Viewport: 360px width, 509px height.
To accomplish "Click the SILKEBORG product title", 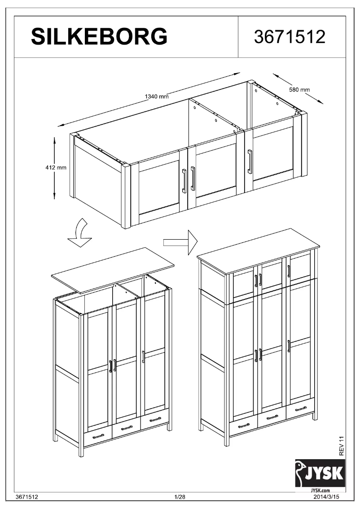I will point(99,37).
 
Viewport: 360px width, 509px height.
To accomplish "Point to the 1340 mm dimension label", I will point(156,97).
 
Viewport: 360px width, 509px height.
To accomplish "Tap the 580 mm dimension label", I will point(299,89).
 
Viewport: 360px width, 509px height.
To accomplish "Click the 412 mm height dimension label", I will point(56,168).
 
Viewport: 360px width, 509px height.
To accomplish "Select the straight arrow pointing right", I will point(180,242).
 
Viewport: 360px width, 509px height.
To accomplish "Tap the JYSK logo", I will point(320,473).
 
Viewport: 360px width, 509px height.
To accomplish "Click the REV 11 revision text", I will point(342,445).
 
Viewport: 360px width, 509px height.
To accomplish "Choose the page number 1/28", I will point(180,497).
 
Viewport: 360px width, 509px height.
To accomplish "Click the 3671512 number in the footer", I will point(26,497).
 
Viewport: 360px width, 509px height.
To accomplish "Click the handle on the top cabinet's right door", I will point(250,161).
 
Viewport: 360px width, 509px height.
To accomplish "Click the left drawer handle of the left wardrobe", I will point(98,436).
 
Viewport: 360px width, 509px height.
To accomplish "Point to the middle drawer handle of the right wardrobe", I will point(272,417).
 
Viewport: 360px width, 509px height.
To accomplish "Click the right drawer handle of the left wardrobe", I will point(155,420).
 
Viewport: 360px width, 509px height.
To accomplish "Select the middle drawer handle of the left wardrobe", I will point(127,428).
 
